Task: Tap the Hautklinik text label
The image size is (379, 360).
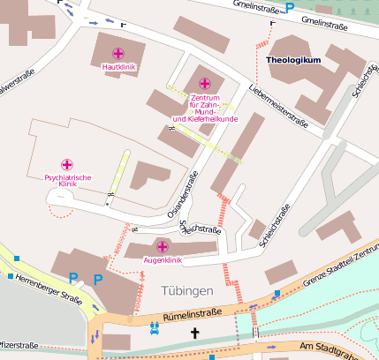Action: coord(118,67)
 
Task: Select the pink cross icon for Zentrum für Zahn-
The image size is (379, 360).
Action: coord(205,84)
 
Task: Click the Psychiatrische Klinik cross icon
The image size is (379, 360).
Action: coord(67,164)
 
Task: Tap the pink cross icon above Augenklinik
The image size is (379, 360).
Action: coord(162,246)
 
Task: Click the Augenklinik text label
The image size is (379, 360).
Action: coord(162,260)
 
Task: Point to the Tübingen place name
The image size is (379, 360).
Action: coord(187,291)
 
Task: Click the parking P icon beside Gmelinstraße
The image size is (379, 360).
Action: coord(290,7)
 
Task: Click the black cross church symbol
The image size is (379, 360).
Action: coord(195,334)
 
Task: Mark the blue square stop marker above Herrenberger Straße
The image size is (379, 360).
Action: coord(11,276)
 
